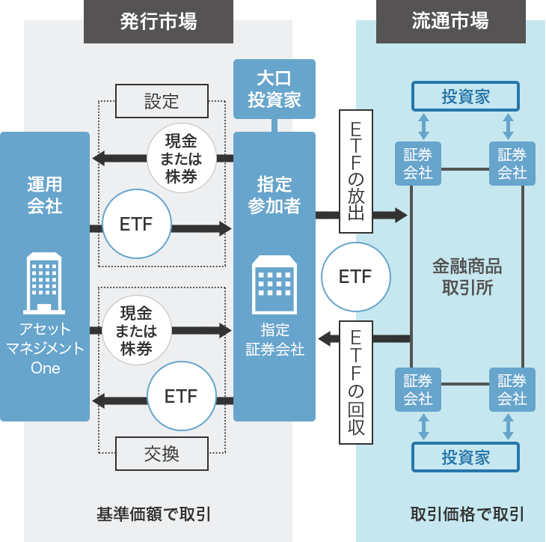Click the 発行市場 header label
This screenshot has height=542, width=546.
159,21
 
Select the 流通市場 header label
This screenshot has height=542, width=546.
450,21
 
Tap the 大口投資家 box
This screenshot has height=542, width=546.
274,88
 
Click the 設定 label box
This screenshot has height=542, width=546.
162,100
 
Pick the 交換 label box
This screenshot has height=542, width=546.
162,453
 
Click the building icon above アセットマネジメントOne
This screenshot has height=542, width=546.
45,282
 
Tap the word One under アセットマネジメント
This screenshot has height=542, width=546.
45,368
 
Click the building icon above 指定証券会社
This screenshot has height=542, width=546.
274,284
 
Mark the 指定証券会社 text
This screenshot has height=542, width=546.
274,339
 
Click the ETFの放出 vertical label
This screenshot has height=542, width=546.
356,172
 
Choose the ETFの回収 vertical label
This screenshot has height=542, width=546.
356,382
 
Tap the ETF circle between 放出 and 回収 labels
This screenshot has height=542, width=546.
355,276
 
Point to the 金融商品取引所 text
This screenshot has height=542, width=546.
467,277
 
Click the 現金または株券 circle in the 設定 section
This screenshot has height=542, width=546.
181,158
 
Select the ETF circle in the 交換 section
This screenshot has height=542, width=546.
181,396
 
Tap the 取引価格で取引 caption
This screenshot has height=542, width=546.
467,514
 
